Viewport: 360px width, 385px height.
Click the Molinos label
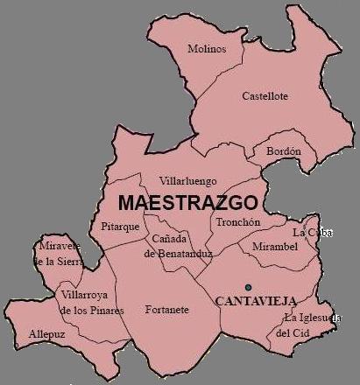click(x=207, y=49)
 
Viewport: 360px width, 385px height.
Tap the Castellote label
click(x=265, y=96)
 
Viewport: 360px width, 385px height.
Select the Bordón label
click(x=283, y=150)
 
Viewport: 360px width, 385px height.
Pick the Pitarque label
click(x=121, y=226)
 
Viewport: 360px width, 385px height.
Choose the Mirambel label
click(x=275, y=248)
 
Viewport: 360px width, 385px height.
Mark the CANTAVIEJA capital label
click(x=256, y=300)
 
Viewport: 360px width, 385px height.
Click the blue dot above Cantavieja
click(x=248, y=287)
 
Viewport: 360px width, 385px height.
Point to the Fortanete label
click(x=167, y=310)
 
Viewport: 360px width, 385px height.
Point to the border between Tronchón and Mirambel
click(x=250, y=236)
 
